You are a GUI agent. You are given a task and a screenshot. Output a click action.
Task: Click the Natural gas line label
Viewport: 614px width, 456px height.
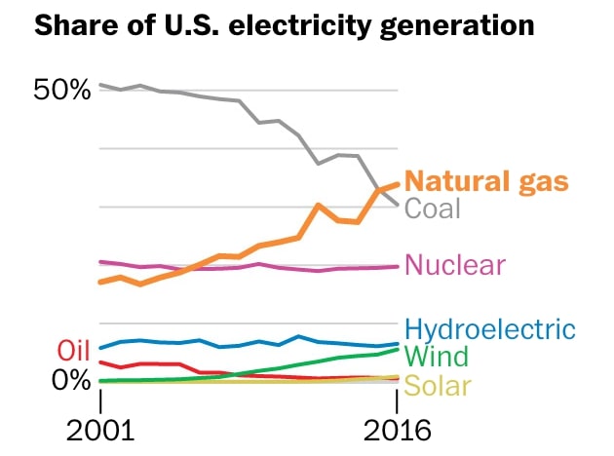[485, 181]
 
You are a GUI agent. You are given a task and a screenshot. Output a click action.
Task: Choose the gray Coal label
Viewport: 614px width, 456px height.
[432, 209]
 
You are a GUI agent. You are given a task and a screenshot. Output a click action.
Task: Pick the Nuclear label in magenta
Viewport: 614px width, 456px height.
[455, 265]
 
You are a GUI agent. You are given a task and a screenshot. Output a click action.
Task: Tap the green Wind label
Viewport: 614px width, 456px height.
[436, 357]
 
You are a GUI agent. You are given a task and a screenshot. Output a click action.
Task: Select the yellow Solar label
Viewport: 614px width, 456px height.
[438, 386]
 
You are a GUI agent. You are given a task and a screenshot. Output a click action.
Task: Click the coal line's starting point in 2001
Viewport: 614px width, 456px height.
[101, 85]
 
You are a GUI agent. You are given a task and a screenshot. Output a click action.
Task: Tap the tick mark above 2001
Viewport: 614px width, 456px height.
[101, 399]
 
